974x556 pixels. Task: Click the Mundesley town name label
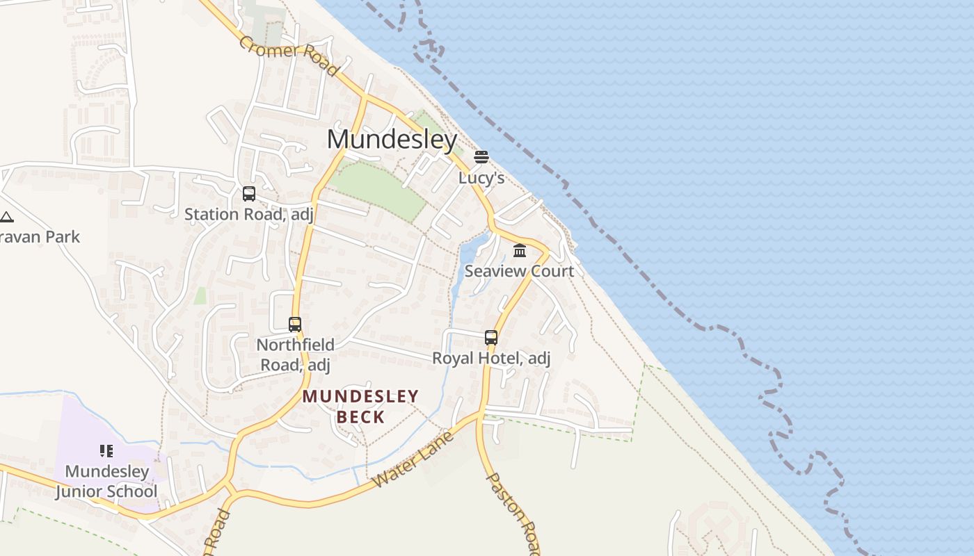(392, 140)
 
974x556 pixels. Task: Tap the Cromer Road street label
(289, 56)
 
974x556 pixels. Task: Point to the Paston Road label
(512, 513)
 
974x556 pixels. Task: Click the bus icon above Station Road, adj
(249, 194)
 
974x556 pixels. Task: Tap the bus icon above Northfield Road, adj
(295, 325)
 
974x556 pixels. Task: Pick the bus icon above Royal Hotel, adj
(491, 338)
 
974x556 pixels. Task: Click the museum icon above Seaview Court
(520, 250)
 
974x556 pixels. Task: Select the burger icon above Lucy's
(481, 157)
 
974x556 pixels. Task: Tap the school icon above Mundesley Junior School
(106, 451)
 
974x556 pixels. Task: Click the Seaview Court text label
(519, 271)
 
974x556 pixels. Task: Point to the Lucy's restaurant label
(481, 178)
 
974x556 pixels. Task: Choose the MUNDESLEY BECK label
(360, 407)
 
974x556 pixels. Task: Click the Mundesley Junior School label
(106, 482)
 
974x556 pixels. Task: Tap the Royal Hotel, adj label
(491, 359)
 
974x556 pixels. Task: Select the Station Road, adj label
(249, 215)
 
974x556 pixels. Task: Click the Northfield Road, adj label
(295, 354)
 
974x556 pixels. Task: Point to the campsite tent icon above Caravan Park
(6, 217)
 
